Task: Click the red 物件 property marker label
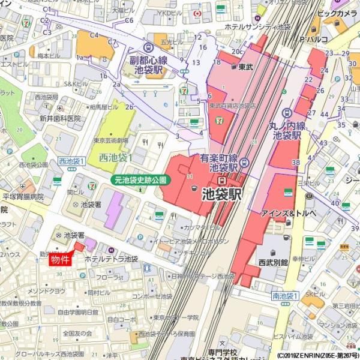(62, 259)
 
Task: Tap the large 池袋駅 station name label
(221, 193)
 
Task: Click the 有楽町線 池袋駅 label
(222, 163)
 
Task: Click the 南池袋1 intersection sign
(284, 296)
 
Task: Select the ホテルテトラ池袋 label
(112, 259)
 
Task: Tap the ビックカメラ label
(337, 13)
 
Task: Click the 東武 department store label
(244, 67)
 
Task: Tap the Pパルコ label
(316, 40)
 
